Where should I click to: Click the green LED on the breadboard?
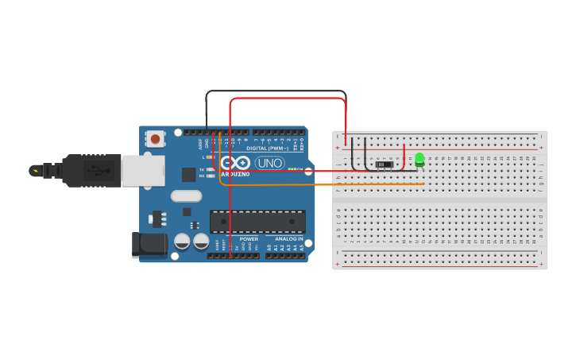419,160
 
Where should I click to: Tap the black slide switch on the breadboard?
384,165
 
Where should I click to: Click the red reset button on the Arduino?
155,139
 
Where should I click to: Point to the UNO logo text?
269,163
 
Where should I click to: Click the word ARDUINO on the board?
235,174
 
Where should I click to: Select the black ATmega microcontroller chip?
257,221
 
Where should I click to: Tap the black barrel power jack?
148,244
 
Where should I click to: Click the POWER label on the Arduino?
249,239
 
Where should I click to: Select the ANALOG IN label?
289,239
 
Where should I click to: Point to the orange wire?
318,184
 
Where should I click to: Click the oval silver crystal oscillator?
187,196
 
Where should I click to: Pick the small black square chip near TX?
189,174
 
